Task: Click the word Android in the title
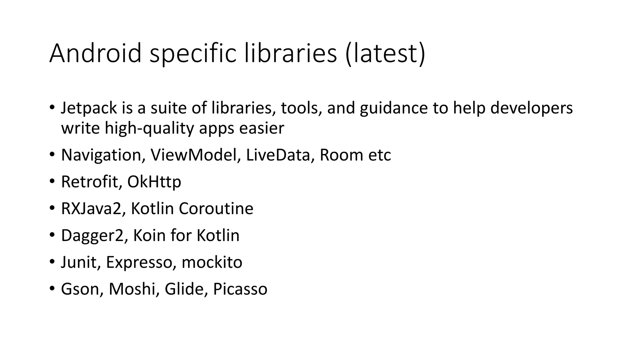point(95,53)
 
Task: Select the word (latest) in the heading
point(385,53)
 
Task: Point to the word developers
point(531,108)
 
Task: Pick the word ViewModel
point(194,155)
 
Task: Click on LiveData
point(278,155)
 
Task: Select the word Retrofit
point(89,182)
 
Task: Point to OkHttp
point(154,182)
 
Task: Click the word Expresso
point(139,262)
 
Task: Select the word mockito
point(212,262)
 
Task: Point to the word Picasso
point(240,289)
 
